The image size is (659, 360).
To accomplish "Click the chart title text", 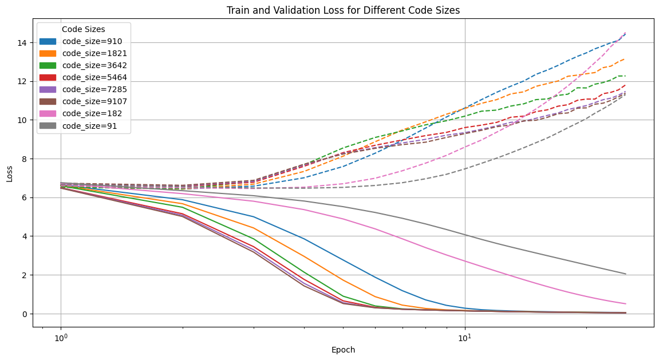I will click(343, 10).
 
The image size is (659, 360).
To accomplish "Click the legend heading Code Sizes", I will click(84, 29).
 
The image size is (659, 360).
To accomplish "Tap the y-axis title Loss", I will click(10, 173).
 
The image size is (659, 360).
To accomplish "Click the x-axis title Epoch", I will click(343, 350).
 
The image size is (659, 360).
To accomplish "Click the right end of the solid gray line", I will click(626, 274).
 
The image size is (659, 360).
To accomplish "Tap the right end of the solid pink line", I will click(626, 304).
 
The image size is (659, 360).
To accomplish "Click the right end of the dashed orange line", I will click(626, 58).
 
